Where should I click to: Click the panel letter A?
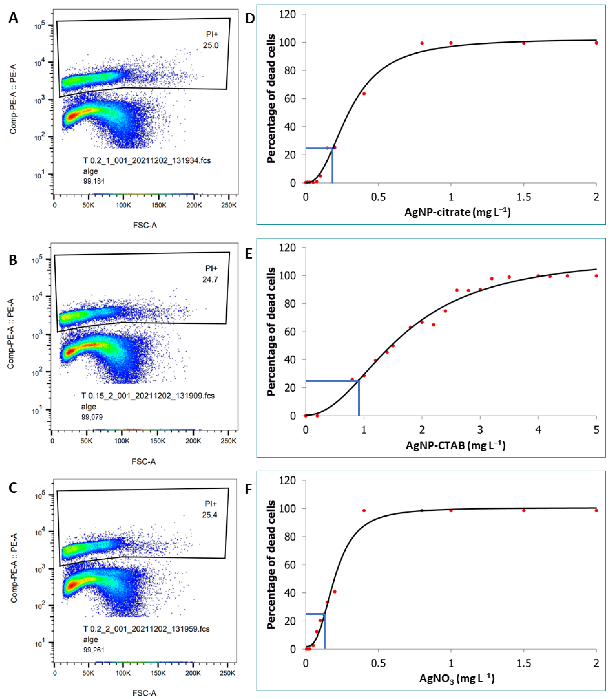(13, 18)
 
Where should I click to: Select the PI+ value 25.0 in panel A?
(211, 45)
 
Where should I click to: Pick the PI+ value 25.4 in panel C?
(209, 514)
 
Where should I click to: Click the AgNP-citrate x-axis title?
(457, 212)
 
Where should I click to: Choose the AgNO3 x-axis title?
(457, 678)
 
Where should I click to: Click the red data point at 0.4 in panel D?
(364, 93)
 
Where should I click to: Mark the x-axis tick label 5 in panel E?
(596, 430)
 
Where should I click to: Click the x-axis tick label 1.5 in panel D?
(523, 197)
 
